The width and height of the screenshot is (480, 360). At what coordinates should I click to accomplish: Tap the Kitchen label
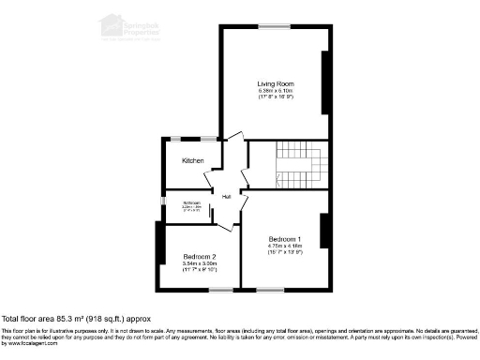(x=193, y=160)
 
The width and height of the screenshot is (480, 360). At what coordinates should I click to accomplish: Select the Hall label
(x=226, y=197)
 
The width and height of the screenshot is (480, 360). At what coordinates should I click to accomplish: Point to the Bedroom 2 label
(x=200, y=257)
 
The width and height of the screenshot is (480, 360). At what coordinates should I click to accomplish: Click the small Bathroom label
(x=192, y=203)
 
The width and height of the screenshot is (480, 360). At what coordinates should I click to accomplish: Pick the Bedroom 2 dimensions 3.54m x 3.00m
(x=200, y=264)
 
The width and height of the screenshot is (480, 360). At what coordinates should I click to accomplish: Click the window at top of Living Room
(x=274, y=25)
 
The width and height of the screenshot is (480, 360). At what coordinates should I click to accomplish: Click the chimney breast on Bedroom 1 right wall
(x=324, y=234)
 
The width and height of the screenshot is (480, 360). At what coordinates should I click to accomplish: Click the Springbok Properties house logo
(x=112, y=23)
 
